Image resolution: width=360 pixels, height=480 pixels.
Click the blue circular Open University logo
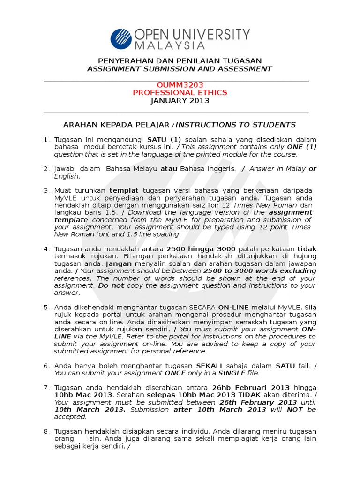click(x=121, y=39)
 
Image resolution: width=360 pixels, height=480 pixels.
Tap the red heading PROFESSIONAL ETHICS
click(x=180, y=92)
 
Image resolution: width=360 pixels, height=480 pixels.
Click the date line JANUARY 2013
click(x=180, y=100)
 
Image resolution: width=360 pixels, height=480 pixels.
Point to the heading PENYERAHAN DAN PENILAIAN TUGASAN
click(x=180, y=61)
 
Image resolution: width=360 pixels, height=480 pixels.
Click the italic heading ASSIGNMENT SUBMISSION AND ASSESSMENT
click(x=180, y=69)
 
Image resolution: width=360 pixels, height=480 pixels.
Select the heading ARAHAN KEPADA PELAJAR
click(x=117, y=125)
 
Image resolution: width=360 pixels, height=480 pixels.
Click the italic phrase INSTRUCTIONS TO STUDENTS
click(x=236, y=125)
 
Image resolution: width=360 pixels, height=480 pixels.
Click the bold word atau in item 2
click(x=169, y=169)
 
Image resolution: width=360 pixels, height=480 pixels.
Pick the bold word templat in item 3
click(x=124, y=190)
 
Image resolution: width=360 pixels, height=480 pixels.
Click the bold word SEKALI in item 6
click(x=210, y=366)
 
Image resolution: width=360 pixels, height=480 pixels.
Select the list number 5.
click(x=46, y=307)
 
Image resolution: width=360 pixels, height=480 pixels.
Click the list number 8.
click(x=46, y=431)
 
